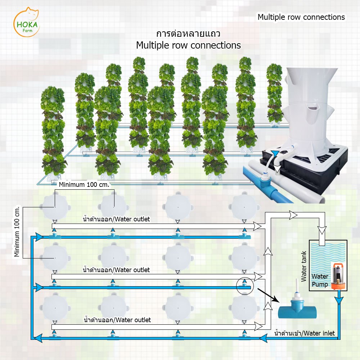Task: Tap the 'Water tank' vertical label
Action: coord(304,266)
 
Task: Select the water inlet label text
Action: coord(305,333)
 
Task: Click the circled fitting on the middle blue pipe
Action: coord(245,286)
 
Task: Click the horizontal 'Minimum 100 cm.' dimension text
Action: coord(84,185)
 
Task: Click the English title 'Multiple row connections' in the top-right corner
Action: coord(301,17)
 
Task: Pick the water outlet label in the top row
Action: coord(116,219)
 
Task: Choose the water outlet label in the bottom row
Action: coord(117,320)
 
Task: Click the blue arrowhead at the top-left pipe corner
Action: coord(37,237)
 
